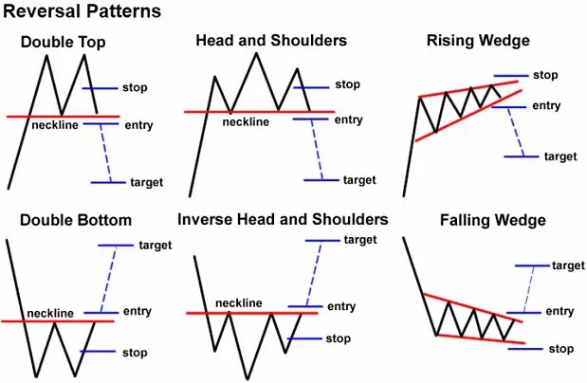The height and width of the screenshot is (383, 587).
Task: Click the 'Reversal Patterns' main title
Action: coord(82,10)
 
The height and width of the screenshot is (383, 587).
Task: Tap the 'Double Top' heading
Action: coord(63,42)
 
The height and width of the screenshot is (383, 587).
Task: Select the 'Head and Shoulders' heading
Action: coord(271,40)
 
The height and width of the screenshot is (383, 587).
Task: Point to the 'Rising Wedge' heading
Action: coord(478,41)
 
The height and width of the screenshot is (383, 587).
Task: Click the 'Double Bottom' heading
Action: coord(76,220)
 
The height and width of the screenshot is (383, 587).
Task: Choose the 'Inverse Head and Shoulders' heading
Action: coord(283,219)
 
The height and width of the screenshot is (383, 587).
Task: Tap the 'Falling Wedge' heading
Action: coord(493,220)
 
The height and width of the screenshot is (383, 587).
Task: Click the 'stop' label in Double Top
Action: coord(135,87)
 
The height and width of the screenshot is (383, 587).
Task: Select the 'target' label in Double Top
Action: coord(147,182)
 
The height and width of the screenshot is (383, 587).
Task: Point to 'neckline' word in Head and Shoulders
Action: coord(246,121)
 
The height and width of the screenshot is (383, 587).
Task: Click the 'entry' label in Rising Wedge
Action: coord(546,106)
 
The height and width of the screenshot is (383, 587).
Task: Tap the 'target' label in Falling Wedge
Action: coord(568,265)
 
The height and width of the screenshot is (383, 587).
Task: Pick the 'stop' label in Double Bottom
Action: coord(135,353)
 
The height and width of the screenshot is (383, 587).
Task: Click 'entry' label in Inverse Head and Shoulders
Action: coord(341,306)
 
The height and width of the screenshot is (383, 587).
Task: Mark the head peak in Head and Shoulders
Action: coord(256,53)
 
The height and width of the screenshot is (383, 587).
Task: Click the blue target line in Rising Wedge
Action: coord(522,156)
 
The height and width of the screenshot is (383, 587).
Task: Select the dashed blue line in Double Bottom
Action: coord(108,280)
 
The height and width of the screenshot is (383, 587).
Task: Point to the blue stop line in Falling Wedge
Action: coord(525,349)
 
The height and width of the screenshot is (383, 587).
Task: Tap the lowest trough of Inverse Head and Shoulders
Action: coord(248,379)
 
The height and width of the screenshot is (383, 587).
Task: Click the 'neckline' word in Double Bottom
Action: coord(50,313)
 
